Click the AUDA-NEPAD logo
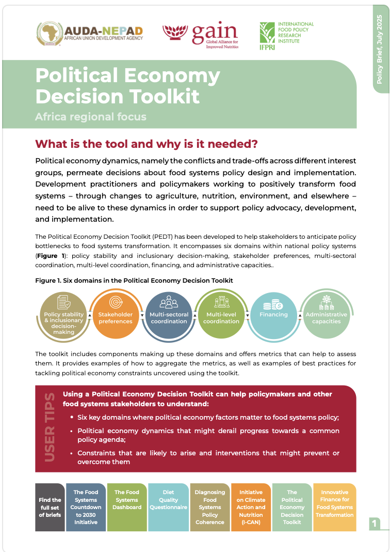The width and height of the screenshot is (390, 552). [x=91, y=34]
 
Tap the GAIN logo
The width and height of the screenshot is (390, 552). [x=200, y=34]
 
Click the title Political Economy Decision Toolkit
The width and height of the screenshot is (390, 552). [x=127, y=86]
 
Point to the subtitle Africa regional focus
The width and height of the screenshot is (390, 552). [x=91, y=117]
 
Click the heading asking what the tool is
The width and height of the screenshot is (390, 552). [x=146, y=143]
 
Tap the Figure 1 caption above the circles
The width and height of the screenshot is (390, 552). [x=134, y=280]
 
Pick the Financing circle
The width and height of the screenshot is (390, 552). [x=274, y=315]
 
